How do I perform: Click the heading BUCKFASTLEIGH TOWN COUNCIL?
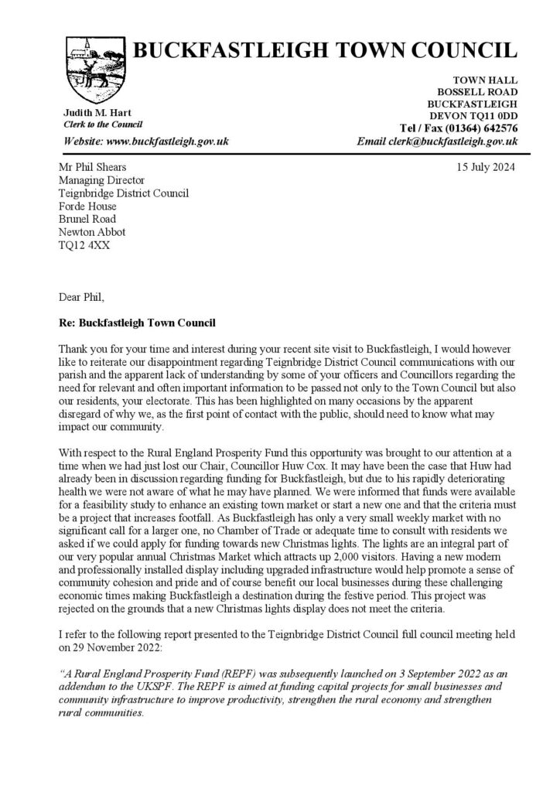pyautogui.click(x=326, y=51)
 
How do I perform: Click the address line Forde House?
pyautogui.click(x=87, y=207)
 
